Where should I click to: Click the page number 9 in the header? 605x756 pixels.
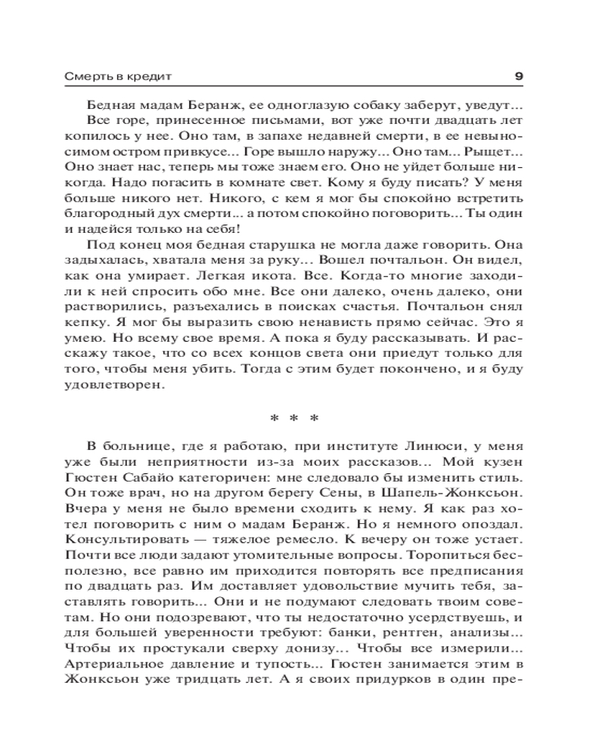point(518,76)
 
